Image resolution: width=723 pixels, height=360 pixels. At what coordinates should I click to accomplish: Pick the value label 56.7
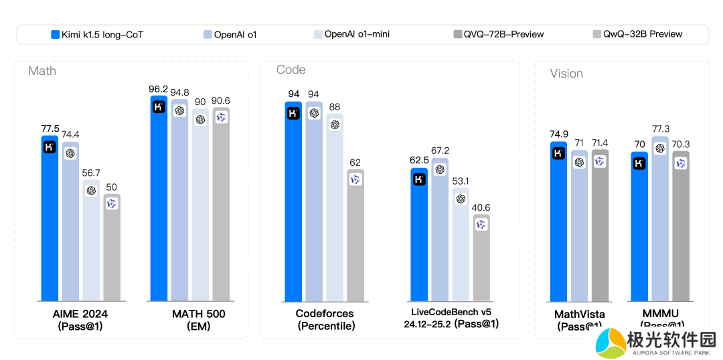[91, 173]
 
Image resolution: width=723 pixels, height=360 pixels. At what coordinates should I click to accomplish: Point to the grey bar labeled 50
[112, 248]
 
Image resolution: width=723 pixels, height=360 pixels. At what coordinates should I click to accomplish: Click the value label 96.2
[159, 89]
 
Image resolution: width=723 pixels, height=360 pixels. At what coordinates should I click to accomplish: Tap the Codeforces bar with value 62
[355, 234]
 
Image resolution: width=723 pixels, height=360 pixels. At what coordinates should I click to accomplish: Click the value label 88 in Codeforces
[335, 107]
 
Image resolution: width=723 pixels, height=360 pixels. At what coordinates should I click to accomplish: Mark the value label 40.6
[481, 207]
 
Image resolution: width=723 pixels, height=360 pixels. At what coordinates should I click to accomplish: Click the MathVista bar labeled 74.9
[558, 221]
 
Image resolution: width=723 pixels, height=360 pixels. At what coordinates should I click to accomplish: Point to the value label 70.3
[681, 144]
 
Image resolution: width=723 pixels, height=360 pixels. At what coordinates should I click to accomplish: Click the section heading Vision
[566, 74]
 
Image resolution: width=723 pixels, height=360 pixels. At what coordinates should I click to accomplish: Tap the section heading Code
[291, 70]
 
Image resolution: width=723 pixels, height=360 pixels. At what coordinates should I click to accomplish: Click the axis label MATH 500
[199, 314]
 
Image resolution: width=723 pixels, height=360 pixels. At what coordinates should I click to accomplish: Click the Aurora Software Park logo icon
[610, 343]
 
